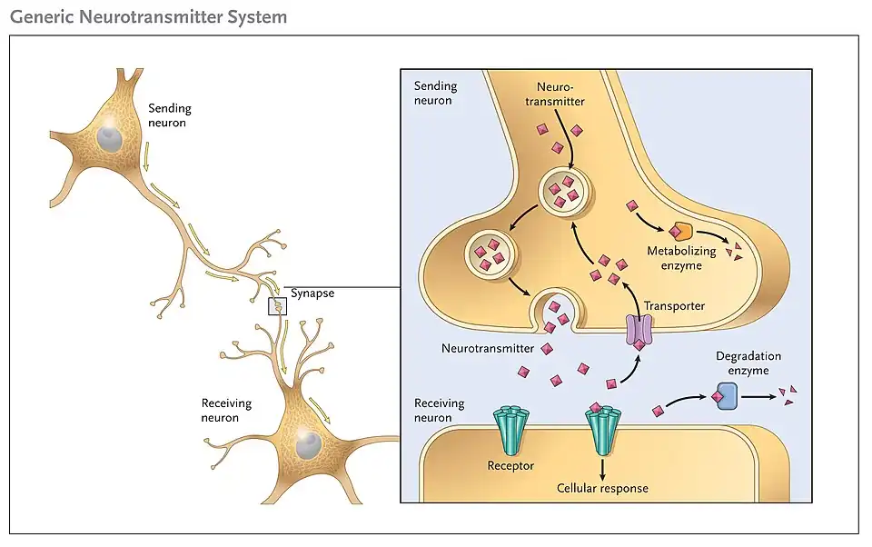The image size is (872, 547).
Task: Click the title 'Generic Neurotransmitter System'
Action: pyautogui.click(x=148, y=16)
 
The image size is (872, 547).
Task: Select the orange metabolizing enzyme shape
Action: pyautogui.click(x=680, y=233)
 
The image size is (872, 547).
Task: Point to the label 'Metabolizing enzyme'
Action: pyautogui.click(x=681, y=258)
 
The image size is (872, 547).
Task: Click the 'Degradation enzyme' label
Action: pyautogui.click(x=748, y=363)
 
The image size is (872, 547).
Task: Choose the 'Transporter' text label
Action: pyautogui.click(x=674, y=306)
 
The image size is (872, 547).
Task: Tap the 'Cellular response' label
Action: pyautogui.click(x=602, y=488)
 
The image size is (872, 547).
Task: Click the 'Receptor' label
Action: pyautogui.click(x=510, y=466)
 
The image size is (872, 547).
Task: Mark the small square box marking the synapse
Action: pyautogui.click(x=277, y=306)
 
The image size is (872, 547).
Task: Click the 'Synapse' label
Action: pyautogui.click(x=312, y=293)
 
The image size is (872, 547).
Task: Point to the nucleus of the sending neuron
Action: pyautogui.click(x=110, y=138)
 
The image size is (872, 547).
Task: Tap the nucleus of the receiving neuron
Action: pyautogui.click(x=310, y=444)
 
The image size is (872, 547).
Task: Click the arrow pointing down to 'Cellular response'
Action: pyautogui.click(x=602, y=467)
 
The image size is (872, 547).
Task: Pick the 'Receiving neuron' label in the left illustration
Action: pyautogui.click(x=226, y=411)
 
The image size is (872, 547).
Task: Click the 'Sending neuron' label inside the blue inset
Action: pyautogui.click(x=435, y=93)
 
